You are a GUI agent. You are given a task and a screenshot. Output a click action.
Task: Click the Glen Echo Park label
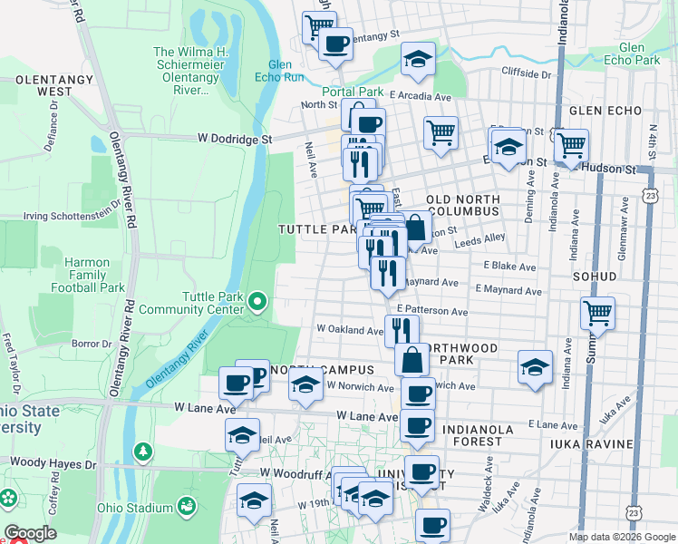(639, 53)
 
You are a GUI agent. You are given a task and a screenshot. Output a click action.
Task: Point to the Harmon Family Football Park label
(94, 276)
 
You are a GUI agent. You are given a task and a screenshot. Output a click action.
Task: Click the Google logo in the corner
(30, 533)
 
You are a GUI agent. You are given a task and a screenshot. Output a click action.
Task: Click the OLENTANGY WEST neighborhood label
(44, 86)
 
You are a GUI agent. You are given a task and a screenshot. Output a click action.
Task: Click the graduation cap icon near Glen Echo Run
(417, 60)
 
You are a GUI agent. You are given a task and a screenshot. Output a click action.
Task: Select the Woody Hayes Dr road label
(53, 463)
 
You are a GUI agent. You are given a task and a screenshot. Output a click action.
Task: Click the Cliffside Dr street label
(527, 73)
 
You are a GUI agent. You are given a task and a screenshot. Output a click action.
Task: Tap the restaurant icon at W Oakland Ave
(402, 331)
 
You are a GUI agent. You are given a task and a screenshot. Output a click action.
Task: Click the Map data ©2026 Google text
(621, 537)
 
